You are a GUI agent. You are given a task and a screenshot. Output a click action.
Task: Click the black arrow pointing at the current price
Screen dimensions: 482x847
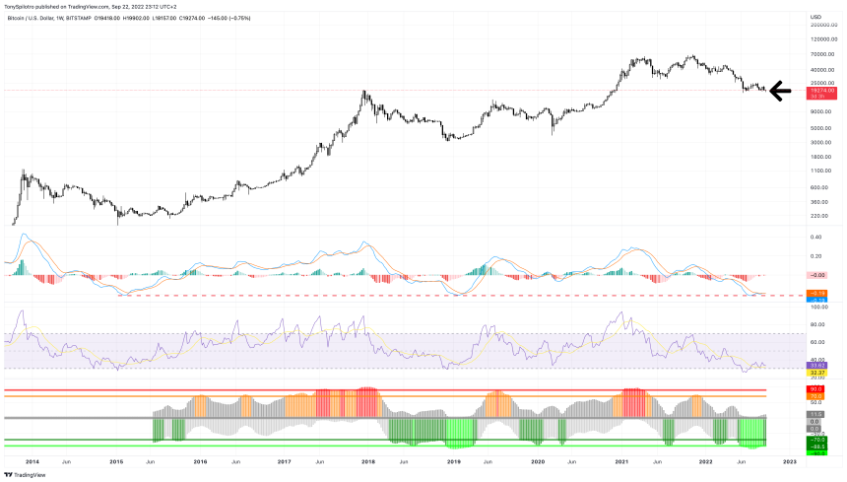pos(780,93)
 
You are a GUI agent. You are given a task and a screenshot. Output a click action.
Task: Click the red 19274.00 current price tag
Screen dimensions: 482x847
pos(819,90)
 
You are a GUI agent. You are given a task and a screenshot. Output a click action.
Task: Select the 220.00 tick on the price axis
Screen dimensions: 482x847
pos(816,215)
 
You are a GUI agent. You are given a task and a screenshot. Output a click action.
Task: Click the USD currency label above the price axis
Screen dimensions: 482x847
pos(814,17)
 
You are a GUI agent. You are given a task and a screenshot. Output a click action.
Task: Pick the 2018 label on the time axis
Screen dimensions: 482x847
pos(367,460)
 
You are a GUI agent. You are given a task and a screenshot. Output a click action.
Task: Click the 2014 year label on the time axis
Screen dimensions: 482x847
pos(32,460)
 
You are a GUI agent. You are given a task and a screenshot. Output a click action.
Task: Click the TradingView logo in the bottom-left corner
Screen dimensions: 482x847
pos(26,473)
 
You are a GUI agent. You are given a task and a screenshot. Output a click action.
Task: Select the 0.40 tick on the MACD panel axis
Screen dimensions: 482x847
pos(815,237)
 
